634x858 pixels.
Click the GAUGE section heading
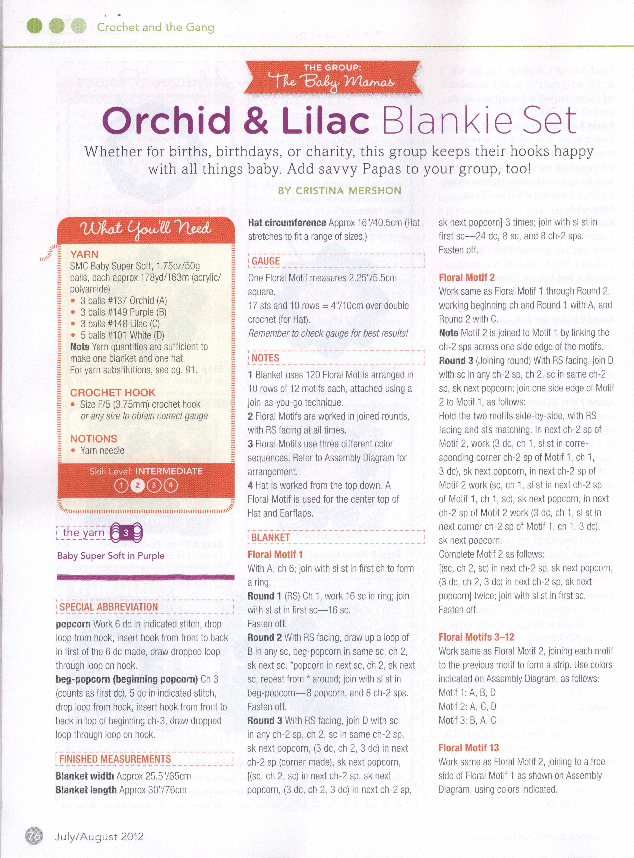tap(265, 261)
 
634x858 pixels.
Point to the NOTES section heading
tap(265, 358)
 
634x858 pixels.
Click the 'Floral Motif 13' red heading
tap(468, 758)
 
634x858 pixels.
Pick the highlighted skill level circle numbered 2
tap(137, 486)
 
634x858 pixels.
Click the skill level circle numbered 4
tap(170, 486)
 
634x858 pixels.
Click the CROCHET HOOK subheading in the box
tap(112, 393)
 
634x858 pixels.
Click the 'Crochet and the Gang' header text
tap(155, 27)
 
